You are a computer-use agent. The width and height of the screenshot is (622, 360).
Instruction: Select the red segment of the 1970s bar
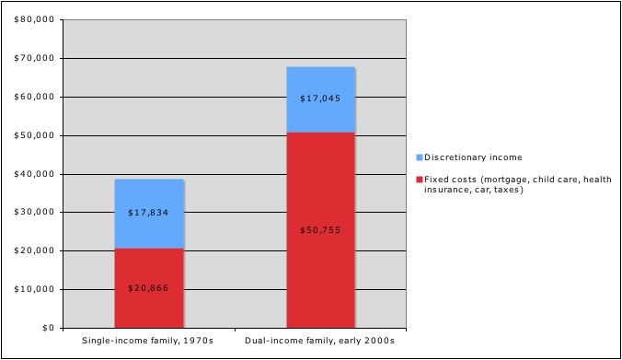pyautogui.click(x=149, y=267)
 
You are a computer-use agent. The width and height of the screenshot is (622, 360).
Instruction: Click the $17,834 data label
pyautogui.click(x=149, y=213)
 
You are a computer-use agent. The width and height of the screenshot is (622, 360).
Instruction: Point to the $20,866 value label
pyautogui.click(x=149, y=288)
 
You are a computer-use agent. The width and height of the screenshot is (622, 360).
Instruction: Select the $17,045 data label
pyautogui.click(x=320, y=98)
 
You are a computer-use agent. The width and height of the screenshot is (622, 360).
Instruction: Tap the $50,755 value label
pyautogui.click(x=320, y=229)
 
